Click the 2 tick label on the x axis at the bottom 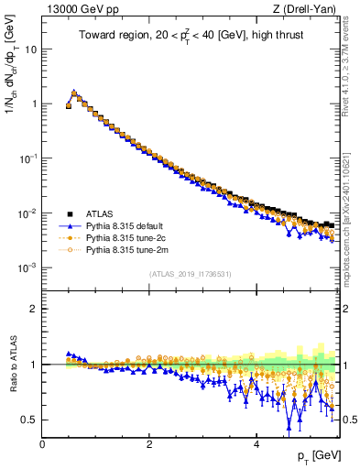[149, 442]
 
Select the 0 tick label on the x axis [42, 442]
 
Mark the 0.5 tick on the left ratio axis [30, 420]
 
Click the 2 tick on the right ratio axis [346, 310]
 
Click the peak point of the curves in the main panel [74, 93]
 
